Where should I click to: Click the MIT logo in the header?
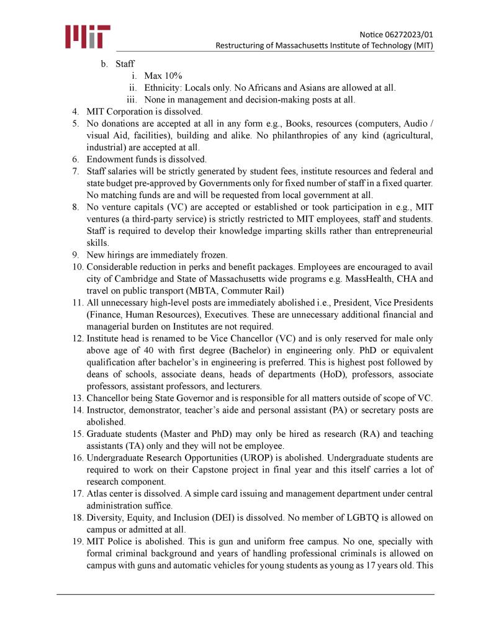tap(88, 37)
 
